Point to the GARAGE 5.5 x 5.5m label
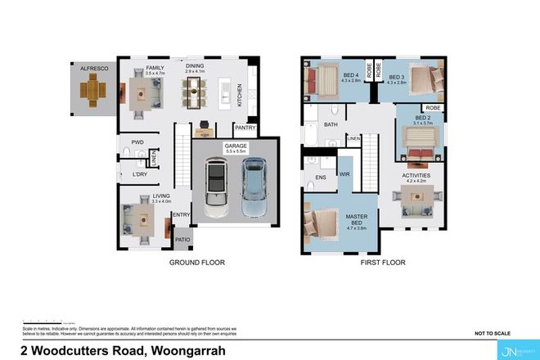[x=236, y=148]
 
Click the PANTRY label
[x=245, y=127]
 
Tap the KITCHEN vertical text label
[x=240, y=97]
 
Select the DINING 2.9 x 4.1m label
[x=195, y=70]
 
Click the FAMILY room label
[x=155, y=70]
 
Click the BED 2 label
[x=422, y=120]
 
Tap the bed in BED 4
[x=322, y=82]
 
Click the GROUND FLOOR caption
[x=196, y=263]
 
